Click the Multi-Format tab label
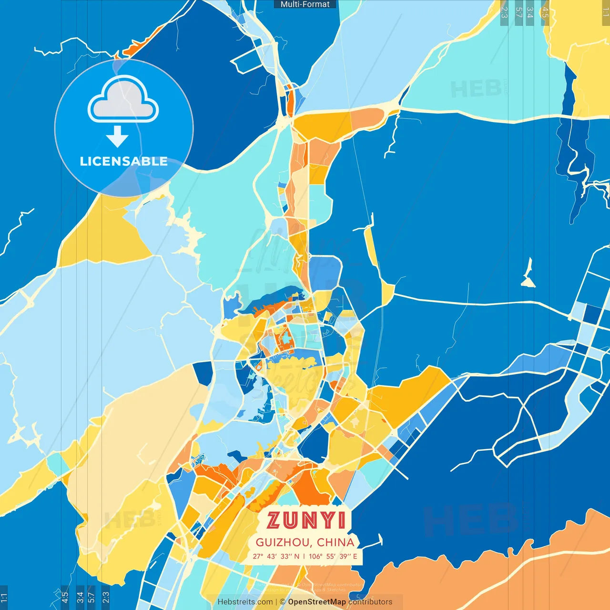(x=305, y=4)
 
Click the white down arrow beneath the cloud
(x=117, y=137)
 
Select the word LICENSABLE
(x=123, y=161)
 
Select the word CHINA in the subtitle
(x=336, y=542)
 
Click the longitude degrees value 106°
(x=315, y=556)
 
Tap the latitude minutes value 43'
(x=272, y=556)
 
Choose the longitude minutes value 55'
(x=331, y=556)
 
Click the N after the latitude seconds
(x=297, y=556)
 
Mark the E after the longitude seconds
(x=355, y=556)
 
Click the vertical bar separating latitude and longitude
(x=304, y=556)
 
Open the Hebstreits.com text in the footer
(x=245, y=602)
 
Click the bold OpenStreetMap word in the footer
(x=317, y=602)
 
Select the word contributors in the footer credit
(x=370, y=602)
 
